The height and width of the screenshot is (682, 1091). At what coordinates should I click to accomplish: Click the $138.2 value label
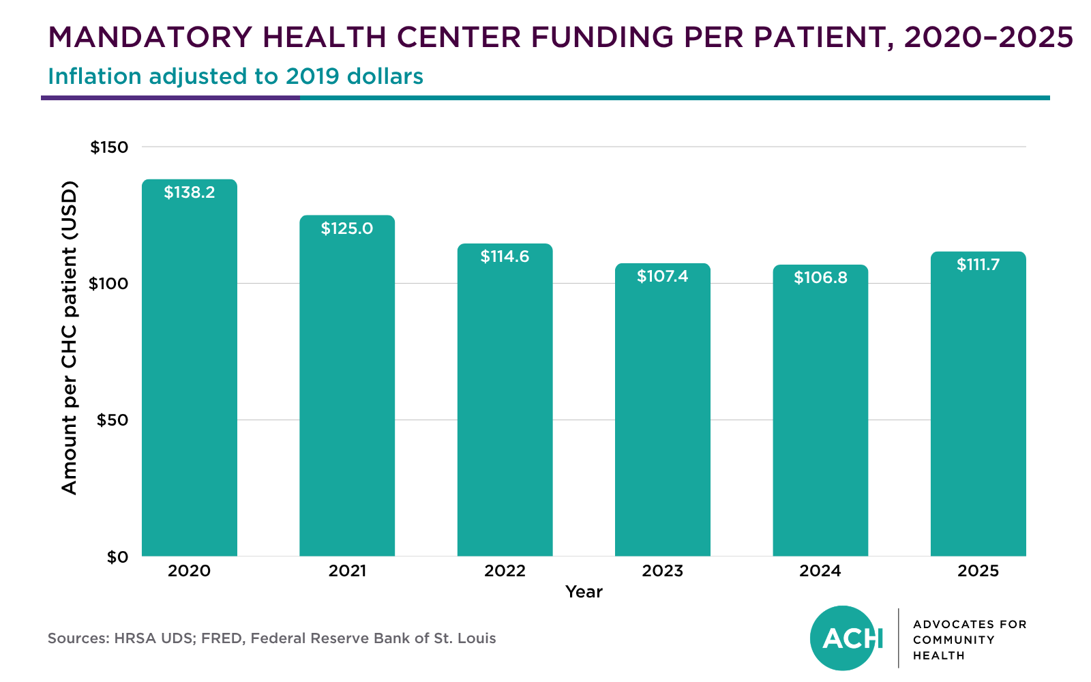click(189, 192)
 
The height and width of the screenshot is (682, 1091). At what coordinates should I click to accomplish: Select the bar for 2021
click(347, 385)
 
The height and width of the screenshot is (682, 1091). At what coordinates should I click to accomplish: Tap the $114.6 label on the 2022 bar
click(505, 256)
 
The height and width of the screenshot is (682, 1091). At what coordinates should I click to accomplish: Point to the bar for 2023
click(662, 410)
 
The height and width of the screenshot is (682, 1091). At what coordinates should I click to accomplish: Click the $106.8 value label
click(820, 278)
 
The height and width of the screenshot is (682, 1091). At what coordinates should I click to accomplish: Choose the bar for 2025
click(978, 404)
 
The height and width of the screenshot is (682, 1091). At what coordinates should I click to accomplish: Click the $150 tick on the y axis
click(109, 147)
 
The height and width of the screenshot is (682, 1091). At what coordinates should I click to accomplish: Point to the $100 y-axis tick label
click(108, 284)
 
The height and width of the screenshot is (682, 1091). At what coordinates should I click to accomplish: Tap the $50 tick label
click(113, 420)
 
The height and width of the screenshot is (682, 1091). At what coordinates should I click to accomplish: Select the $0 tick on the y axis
click(117, 557)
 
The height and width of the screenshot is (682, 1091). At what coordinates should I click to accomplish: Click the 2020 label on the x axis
click(189, 571)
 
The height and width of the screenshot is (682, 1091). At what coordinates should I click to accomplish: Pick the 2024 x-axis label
click(820, 571)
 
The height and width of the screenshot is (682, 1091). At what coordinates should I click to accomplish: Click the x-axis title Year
click(584, 592)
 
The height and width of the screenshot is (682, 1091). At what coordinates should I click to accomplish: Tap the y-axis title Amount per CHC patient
click(69, 338)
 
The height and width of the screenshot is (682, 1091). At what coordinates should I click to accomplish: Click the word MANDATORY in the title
click(150, 37)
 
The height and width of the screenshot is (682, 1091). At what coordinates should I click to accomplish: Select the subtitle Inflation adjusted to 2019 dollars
click(236, 76)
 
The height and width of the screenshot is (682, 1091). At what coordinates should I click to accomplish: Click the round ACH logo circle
click(843, 638)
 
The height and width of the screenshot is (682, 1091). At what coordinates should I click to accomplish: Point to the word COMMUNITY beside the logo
click(954, 640)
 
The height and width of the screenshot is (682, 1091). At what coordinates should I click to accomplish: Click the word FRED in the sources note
click(223, 638)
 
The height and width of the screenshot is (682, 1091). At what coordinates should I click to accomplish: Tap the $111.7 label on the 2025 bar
click(978, 265)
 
